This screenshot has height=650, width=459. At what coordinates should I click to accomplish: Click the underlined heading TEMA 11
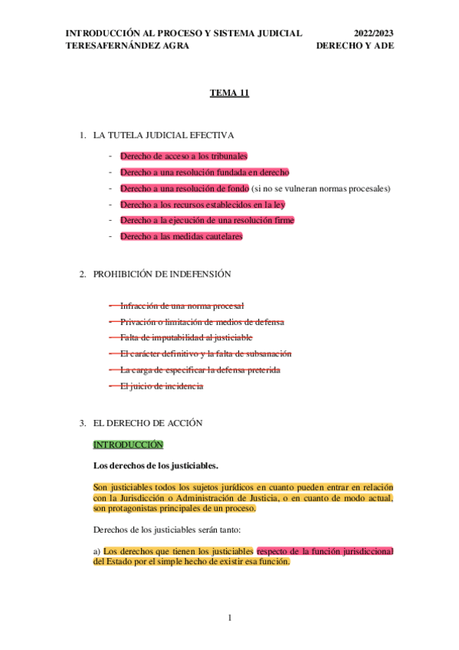(230, 93)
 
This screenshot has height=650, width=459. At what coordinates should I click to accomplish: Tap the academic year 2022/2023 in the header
(374, 33)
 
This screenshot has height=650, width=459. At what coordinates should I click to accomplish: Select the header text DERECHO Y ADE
(356, 45)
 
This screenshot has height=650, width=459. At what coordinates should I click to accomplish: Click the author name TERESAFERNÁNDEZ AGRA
(128, 45)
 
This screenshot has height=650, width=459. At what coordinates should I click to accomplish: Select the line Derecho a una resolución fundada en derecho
(205, 172)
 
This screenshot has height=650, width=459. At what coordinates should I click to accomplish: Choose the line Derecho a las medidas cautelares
(182, 237)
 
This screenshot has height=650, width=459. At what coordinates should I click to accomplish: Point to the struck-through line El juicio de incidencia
(162, 386)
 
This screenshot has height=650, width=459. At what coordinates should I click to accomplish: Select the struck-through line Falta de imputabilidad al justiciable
(186, 338)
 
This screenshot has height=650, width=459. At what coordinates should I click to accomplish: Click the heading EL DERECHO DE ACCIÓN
(148, 423)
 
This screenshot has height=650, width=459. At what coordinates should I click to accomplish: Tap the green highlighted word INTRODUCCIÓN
(128, 445)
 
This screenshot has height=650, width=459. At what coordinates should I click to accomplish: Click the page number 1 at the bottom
(230, 618)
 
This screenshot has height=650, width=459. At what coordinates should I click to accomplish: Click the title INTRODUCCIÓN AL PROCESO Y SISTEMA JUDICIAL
(184, 33)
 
